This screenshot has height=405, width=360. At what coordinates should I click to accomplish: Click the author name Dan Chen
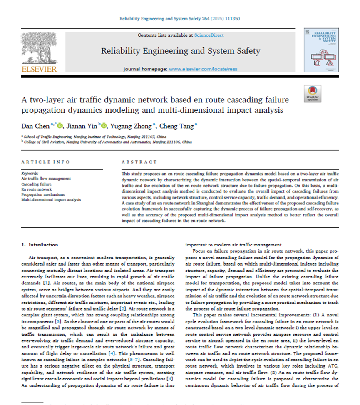tap(35, 126)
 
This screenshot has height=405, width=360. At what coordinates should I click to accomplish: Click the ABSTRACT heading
tap(139, 162)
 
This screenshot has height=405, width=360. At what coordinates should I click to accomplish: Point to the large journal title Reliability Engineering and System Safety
tap(180, 51)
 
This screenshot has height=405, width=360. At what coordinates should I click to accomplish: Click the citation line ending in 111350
tap(179, 19)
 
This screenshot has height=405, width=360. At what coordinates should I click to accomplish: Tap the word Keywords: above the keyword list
tap(30, 173)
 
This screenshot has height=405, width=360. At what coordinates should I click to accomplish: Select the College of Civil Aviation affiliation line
tap(106, 142)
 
